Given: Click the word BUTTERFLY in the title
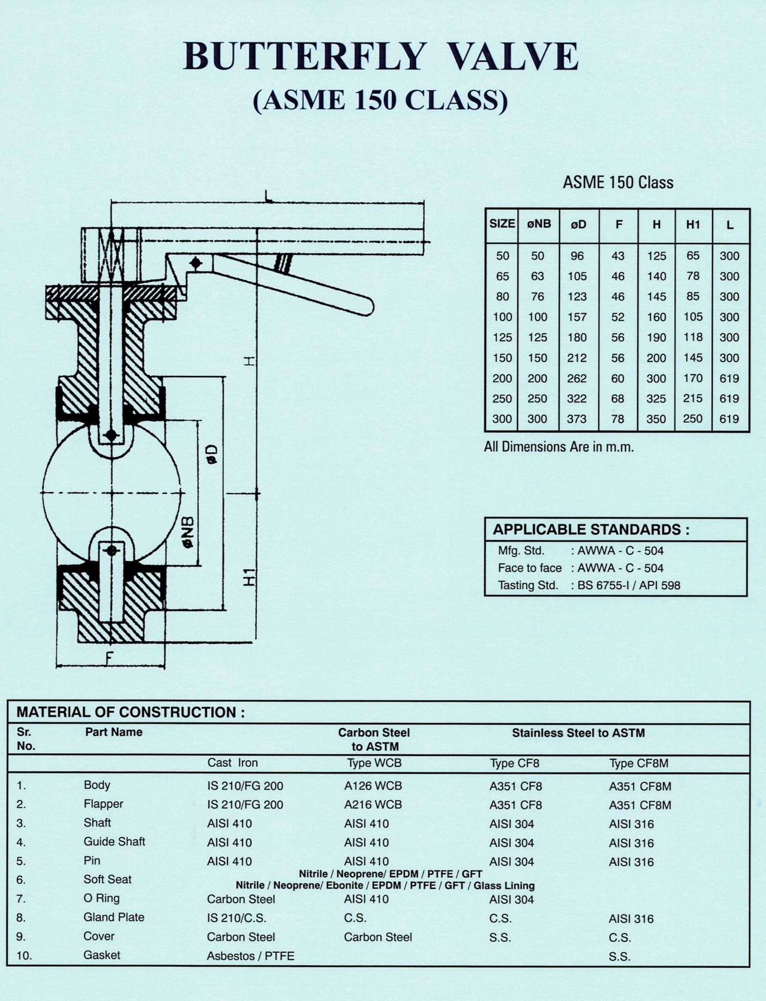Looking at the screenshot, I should [302, 57].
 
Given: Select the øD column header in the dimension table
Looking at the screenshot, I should [578, 224].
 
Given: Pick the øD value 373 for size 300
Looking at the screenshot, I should [577, 419].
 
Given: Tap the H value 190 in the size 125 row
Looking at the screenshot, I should [656, 338].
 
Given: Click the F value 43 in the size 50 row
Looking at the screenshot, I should [618, 256].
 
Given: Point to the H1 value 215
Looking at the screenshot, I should [693, 398].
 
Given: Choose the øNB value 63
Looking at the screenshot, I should [537, 277].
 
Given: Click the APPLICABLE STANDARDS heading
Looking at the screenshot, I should [591, 530].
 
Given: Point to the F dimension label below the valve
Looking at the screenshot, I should [109, 658].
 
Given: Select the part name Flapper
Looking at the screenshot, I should [103, 804].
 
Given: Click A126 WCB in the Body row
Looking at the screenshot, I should [373, 786].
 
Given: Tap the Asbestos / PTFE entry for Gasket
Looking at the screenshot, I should [250, 956].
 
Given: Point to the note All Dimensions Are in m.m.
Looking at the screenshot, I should [559, 447].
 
